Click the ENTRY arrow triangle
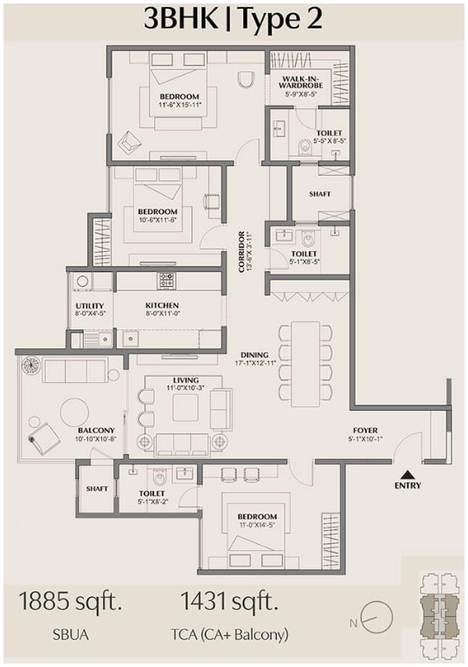(x=407, y=475)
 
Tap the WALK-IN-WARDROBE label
(x=301, y=81)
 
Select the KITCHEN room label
(x=162, y=306)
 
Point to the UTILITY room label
(x=90, y=306)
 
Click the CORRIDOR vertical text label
(x=241, y=252)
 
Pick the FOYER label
(x=365, y=431)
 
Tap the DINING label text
(x=254, y=355)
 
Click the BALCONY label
(x=96, y=431)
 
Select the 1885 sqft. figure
(x=70, y=602)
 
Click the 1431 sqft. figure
(x=229, y=601)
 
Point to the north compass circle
(x=376, y=618)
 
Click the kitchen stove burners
(x=166, y=280)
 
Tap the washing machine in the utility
(x=82, y=281)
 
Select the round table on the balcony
(x=74, y=412)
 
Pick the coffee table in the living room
(x=185, y=408)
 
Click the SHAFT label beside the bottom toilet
(x=97, y=489)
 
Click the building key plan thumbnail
(x=439, y=616)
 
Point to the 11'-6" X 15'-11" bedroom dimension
(x=180, y=104)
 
